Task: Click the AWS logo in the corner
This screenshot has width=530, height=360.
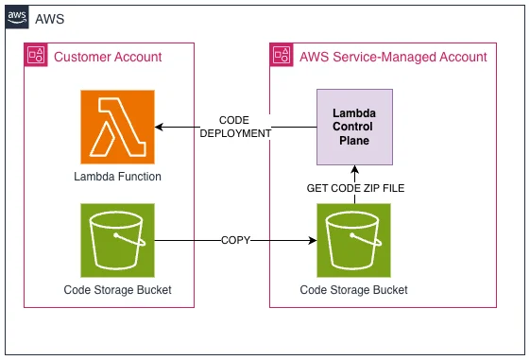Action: click(x=17, y=17)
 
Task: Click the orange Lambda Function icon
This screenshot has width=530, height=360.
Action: click(x=118, y=128)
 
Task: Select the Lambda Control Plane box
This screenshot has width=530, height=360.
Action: click(x=354, y=128)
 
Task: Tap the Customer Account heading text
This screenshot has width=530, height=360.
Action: click(x=108, y=57)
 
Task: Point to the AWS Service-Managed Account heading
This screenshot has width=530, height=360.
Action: click(x=393, y=57)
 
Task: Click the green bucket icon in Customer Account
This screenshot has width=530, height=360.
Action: click(x=118, y=240)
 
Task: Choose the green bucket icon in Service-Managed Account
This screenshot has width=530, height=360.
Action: click(x=354, y=240)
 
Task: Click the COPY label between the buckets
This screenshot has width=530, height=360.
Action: click(x=235, y=240)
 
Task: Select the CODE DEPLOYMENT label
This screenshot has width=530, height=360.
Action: click(x=235, y=127)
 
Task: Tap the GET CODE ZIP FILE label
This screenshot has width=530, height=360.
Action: click(x=355, y=188)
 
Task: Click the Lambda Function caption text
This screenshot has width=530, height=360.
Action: click(x=118, y=177)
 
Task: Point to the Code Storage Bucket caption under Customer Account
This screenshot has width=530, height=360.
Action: click(x=118, y=290)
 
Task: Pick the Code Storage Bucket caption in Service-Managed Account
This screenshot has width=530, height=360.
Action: click(x=354, y=290)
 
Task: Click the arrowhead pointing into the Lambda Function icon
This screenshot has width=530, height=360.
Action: click(x=159, y=128)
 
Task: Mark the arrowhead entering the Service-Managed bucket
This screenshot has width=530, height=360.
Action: click(x=313, y=240)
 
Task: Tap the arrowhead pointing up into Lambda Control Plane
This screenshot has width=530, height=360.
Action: click(x=354, y=169)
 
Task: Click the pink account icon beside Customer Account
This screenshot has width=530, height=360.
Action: click(x=36, y=55)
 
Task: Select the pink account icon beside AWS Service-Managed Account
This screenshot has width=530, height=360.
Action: click(x=282, y=55)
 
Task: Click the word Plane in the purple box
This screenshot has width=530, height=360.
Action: click(x=354, y=140)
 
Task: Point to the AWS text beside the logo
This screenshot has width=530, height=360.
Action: click(x=50, y=19)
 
